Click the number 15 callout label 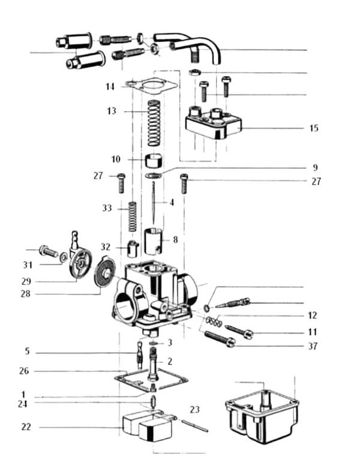[314, 128]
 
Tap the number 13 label [110, 112]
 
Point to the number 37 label [313, 346]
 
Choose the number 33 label [107, 209]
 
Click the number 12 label [313, 315]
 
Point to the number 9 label [315, 167]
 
